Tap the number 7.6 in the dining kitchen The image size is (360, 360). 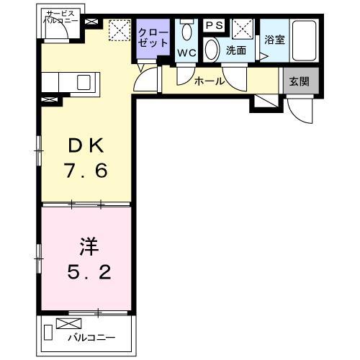click(x=86, y=173)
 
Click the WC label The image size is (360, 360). click(x=187, y=53)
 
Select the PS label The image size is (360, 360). click(x=215, y=26)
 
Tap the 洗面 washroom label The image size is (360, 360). click(x=235, y=50)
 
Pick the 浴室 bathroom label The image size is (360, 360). click(x=274, y=40)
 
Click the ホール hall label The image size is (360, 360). click(x=209, y=81)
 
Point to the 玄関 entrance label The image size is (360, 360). click(x=299, y=81)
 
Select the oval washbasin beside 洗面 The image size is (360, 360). click(x=212, y=50)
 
